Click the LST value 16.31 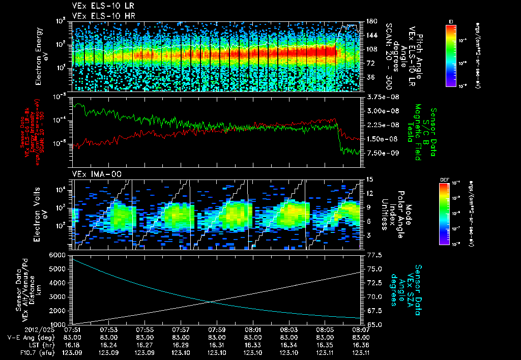[217, 344]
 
